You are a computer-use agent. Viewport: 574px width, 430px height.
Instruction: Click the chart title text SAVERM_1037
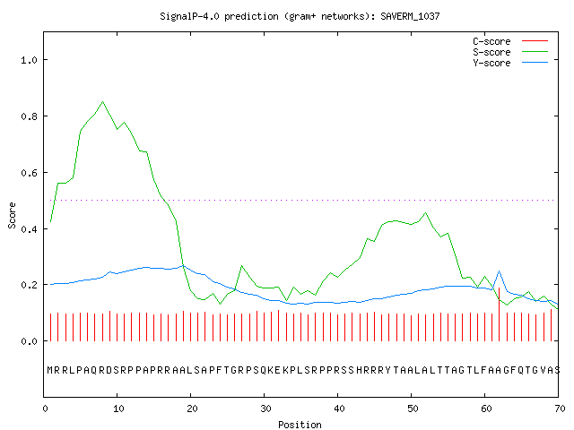click(x=410, y=16)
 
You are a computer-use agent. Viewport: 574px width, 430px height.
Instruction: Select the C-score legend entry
click(x=510, y=41)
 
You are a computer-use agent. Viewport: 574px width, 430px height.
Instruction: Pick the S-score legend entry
click(x=510, y=52)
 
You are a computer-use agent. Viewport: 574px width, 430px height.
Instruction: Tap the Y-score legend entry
click(x=510, y=63)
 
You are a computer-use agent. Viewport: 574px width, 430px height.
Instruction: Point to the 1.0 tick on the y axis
click(x=29, y=60)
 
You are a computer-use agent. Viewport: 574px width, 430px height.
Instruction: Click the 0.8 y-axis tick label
click(x=29, y=116)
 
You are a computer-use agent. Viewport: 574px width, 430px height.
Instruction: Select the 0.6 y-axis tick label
click(x=29, y=173)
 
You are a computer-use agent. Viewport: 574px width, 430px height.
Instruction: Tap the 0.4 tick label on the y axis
click(x=29, y=229)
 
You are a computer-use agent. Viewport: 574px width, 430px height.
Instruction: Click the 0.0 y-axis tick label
click(x=29, y=341)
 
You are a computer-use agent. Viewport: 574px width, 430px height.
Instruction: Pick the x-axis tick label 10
click(x=118, y=408)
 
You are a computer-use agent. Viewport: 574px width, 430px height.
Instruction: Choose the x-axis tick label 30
click(x=265, y=408)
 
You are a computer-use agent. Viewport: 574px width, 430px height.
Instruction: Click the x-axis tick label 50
click(x=413, y=408)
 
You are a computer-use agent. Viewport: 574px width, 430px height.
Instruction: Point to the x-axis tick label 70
click(x=560, y=408)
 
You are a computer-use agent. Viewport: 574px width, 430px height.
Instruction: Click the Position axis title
click(x=300, y=425)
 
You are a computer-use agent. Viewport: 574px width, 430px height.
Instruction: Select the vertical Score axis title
click(x=12, y=215)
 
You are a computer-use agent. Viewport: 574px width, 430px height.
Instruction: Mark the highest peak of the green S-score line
click(x=103, y=101)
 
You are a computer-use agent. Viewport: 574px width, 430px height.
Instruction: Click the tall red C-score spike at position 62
click(x=499, y=314)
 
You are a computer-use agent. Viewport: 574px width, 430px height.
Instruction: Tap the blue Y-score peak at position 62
click(x=499, y=271)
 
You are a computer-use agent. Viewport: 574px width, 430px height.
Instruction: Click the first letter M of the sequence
click(x=50, y=370)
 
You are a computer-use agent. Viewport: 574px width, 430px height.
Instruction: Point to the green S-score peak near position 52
click(x=425, y=213)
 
